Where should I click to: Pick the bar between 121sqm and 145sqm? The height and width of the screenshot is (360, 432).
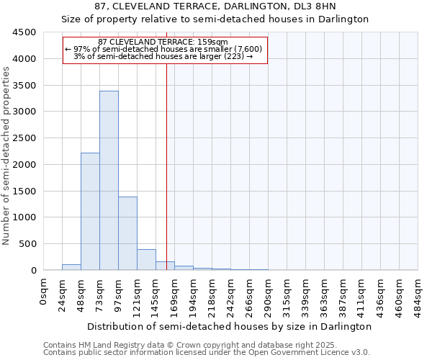(x=146, y=259)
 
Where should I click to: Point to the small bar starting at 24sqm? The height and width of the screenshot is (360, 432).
(x=71, y=267)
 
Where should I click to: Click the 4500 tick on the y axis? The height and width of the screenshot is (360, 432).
(x=24, y=32)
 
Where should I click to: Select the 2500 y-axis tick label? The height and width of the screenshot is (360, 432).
(x=24, y=138)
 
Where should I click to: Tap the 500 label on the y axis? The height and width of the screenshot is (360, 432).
(x=27, y=244)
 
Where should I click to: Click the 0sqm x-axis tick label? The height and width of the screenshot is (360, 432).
(x=44, y=292)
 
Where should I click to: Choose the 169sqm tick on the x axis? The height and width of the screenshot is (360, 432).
(x=175, y=295)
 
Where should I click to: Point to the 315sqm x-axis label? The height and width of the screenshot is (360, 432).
(x=287, y=295)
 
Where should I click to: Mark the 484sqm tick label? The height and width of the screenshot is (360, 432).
(x=418, y=295)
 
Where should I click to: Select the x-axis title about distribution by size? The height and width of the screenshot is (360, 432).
(x=230, y=326)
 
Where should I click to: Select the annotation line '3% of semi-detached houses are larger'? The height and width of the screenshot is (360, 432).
(x=163, y=56)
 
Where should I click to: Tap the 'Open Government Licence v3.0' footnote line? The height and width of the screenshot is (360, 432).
(x=207, y=353)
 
